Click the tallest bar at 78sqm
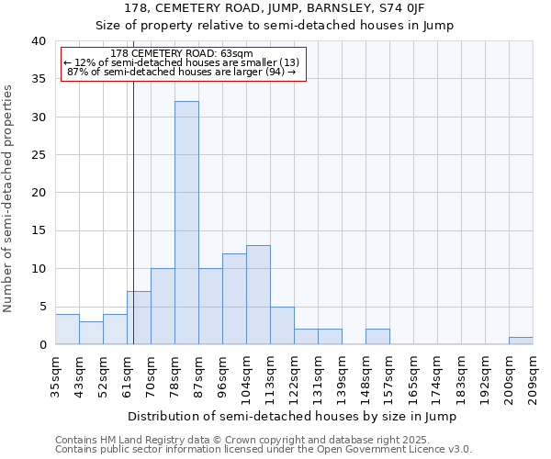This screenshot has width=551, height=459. pos(186,223)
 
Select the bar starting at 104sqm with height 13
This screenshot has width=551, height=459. pos(258,295)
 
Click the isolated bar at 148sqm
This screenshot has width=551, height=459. pos(377,337)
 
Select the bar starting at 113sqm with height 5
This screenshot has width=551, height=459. pos(282,326)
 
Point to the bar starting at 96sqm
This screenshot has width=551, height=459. pos(234,299)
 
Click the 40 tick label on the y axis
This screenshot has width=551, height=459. pos(38,41)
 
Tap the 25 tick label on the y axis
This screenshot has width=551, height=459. pos(38,155)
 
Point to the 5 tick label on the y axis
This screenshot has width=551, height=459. pos(41,307)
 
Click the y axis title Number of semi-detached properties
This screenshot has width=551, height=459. pos(8,197)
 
